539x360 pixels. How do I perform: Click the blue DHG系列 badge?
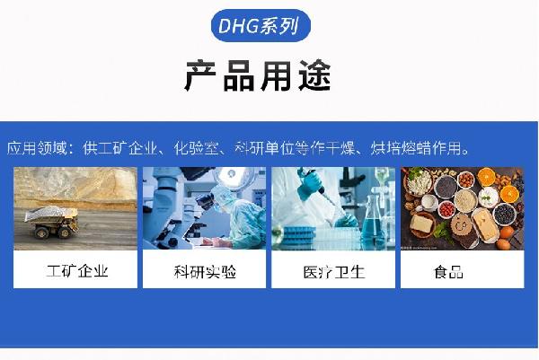pyautogui.click(x=261, y=26)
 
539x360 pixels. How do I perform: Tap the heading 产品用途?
pyautogui.click(x=258, y=76)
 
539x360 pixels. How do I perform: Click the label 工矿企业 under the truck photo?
pyautogui.click(x=77, y=271)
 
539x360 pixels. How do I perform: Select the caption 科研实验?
pyautogui.click(x=205, y=272)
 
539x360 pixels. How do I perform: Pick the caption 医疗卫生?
pyautogui.click(x=334, y=272)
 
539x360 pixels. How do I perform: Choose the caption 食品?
pyautogui.click(x=448, y=272)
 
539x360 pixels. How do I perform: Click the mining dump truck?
pyautogui.click(x=51, y=222)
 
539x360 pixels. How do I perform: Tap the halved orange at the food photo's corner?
pyautogui.click(x=509, y=193)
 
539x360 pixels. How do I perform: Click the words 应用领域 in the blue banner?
pyautogui.click(x=37, y=148)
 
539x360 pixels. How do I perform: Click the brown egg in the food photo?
pyautogui.click(x=504, y=244)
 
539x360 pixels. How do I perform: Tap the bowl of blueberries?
pyautogui.click(x=504, y=214)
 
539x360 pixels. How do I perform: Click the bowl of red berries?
pyautogui.click(x=446, y=209)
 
